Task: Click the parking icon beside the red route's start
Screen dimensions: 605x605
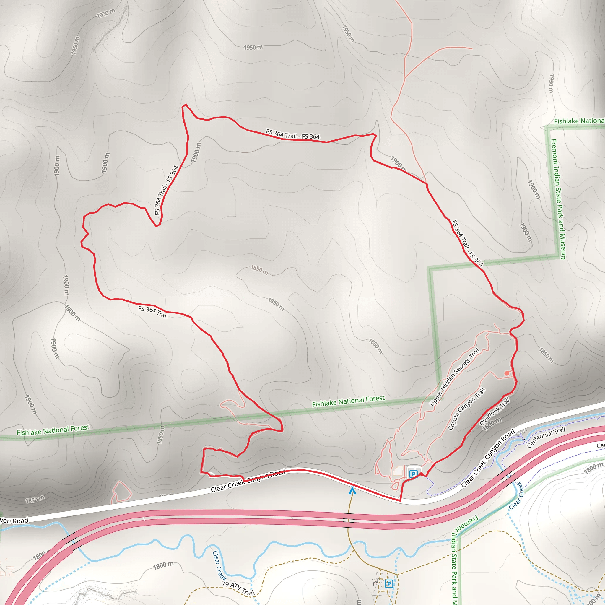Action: (x=413, y=474)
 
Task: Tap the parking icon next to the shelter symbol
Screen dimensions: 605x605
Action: (x=389, y=583)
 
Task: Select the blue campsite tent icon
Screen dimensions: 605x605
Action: (x=352, y=490)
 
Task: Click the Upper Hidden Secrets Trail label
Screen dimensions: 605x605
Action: (x=454, y=378)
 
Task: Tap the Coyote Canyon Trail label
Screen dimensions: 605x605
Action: (x=466, y=409)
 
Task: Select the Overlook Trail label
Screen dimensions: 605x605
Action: (x=495, y=412)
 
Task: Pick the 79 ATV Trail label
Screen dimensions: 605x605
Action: (x=238, y=588)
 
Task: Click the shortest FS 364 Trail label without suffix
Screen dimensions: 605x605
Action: (x=153, y=312)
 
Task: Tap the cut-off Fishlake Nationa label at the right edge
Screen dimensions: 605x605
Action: (x=579, y=121)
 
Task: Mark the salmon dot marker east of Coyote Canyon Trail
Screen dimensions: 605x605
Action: (x=507, y=373)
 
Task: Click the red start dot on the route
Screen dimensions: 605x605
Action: (x=422, y=474)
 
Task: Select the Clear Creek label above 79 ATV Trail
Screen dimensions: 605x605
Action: (x=219, y=565)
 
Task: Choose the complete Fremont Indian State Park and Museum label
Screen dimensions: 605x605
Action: (x=558, y=199)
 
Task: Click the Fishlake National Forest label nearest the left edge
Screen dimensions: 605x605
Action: (x=53, y=430)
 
